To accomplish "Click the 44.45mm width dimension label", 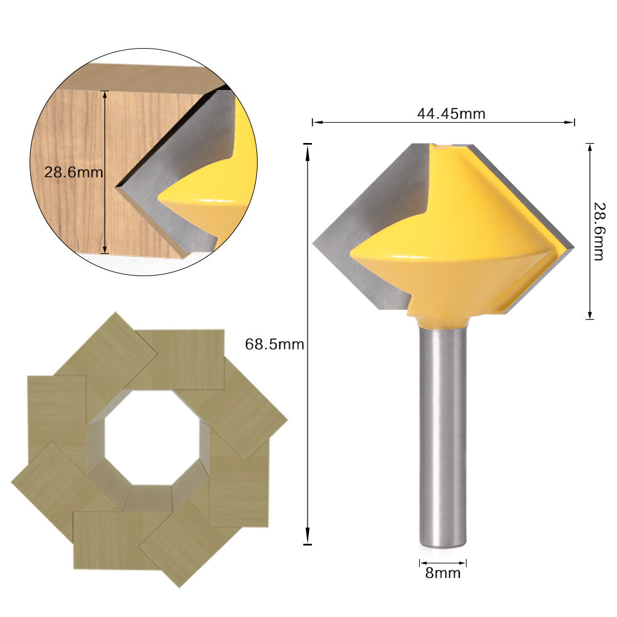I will coord(443,113).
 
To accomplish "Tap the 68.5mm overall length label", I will coord(274,344).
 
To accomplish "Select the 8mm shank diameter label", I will coord(443,573).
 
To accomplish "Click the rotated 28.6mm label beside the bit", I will coord(597,231).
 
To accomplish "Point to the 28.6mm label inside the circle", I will coord(73,172).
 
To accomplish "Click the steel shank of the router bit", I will coord(443,431).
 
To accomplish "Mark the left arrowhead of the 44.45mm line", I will coord(314,123).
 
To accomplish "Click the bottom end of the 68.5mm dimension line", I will coord(308,544).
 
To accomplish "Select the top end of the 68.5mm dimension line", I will coord(308,144).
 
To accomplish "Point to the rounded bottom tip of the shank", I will coord(443,544).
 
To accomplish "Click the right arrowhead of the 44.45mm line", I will coord(573,123).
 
